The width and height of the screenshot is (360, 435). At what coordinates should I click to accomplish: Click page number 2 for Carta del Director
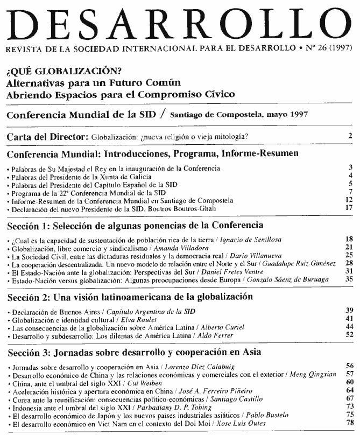[350, 136]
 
